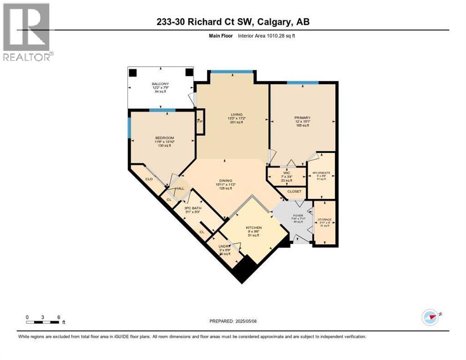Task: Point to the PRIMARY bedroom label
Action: (x=302, y=118)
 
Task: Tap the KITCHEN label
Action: (x=254, y=228)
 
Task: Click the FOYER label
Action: (x=298, y=216)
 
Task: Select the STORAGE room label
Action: (x=325, y=219)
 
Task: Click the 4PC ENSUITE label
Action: (x=321, y=172)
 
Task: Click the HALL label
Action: (x=180, y=189)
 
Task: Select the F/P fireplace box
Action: (x=200, y=122)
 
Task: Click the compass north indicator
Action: (x=430, y=317)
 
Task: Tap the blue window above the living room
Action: (x=232, y=72)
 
